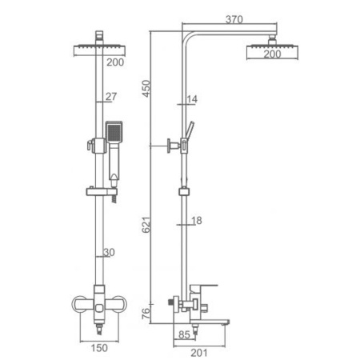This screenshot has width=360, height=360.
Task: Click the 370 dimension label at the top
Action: (x=234, y=19)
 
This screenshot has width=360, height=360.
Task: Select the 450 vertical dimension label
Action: (x=146, y=88)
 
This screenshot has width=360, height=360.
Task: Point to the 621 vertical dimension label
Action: (x=146, y=225)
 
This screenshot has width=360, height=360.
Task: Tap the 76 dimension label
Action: (x=146, y=314)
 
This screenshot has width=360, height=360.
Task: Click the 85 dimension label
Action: (x=184, y=335)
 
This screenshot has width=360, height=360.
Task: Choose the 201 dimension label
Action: (x=199, y=353)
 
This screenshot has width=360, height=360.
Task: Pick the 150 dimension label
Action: (x=99, y=348)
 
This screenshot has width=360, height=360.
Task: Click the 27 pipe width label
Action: (x=111, y=96)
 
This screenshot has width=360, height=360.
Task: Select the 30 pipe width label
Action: (x=109, y=252)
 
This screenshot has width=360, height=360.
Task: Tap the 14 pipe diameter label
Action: (x=192, y=99)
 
